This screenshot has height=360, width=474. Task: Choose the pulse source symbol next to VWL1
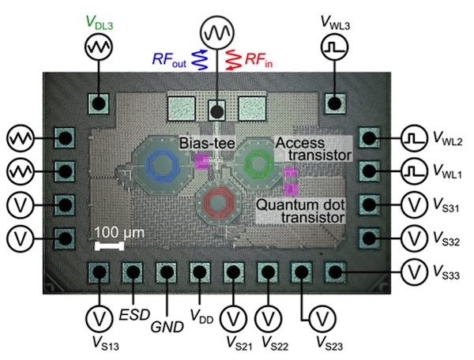tap(415, 171)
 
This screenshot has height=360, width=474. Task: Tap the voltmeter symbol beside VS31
tap(415, 204)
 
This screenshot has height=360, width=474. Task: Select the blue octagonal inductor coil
tap(164, 163)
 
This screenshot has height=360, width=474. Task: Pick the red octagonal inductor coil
tap(216, 202)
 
